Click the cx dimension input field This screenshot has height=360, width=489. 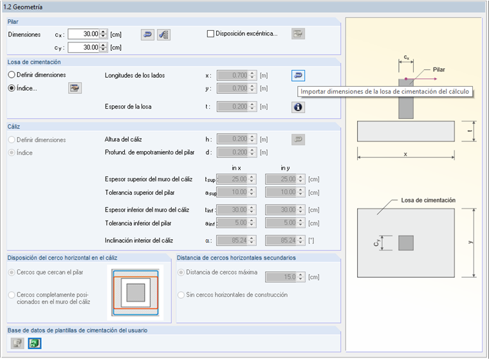point(83,34)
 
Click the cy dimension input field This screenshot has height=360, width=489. point(83,47)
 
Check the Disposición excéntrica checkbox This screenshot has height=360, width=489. point(210,34)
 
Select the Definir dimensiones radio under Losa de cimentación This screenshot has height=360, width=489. point(12,75)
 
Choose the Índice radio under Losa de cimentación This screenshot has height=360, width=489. point(12,88)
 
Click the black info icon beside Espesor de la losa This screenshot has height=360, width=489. point(298,107)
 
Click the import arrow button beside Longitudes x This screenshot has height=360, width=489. point(298,75)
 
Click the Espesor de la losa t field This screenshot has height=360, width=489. point(233,107)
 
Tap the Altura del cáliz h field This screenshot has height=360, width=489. point(233,139)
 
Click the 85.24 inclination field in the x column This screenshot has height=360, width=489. point(233,240)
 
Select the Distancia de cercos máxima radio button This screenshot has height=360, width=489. point(181,272)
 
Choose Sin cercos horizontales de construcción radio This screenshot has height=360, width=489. point(181,294)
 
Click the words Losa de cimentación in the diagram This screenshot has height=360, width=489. point(428,200)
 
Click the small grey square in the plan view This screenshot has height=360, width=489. point(406,242)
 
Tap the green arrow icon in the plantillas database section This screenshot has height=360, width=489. point(35,343)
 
